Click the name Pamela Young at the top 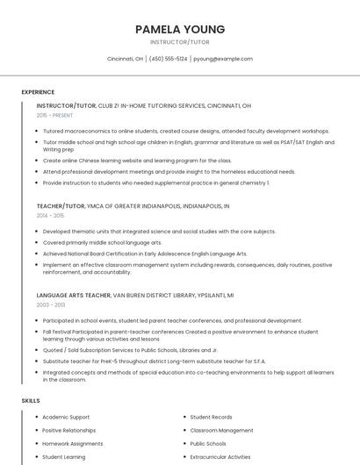[x=180, y=29]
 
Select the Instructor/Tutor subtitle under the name [x=180, y=42]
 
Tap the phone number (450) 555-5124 [x=168, y=59]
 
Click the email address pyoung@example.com [x=223, y=59]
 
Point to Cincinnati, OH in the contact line [x=125, y=59]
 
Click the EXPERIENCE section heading [x=38, y=92]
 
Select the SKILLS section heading [x=31, y=400]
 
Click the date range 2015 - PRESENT [x=54, y=115]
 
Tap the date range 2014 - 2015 [x=50, y=215]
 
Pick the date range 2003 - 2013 [x=50, y=304]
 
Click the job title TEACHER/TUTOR [x=61, y=205]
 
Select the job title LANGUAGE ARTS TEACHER [x=74, y=295]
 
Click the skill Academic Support [x=66, y=417]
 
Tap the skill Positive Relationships [x=68, y=430]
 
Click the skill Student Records [x=211, y=417]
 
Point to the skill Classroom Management [x=221, y=430]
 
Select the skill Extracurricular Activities [x=220, y=456]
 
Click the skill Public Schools [x=208, y=443]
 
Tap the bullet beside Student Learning [x=36, y=456]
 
